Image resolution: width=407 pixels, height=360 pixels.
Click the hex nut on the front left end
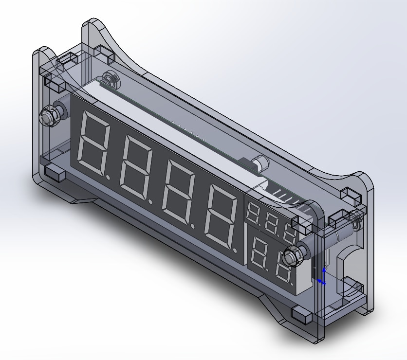(49, 116)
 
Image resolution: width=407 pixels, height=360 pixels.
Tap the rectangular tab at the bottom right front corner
(302, 317)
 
